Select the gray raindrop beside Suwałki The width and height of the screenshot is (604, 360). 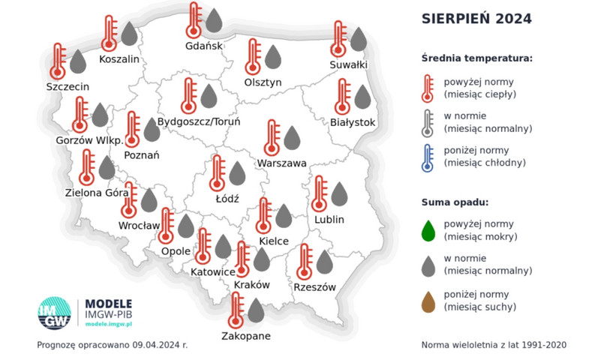coord(359,39)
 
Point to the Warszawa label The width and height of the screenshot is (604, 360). coord(281,163)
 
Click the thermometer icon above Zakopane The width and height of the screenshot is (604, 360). coord(237,309)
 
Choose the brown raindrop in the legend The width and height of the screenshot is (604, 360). coord(428,301)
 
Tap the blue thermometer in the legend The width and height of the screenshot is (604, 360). coord(428,157)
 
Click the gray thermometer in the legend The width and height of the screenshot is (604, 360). coord(428,122)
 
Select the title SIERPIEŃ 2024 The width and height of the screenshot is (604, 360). coord(476,19)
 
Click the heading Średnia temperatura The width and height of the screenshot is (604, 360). coord(476,58)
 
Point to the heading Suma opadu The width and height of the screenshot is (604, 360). coord(455,202)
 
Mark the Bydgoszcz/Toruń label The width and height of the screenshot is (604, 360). coord(200,121)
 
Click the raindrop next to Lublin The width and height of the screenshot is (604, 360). coord(339,193)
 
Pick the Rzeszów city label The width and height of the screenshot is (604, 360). coord(314,287)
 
